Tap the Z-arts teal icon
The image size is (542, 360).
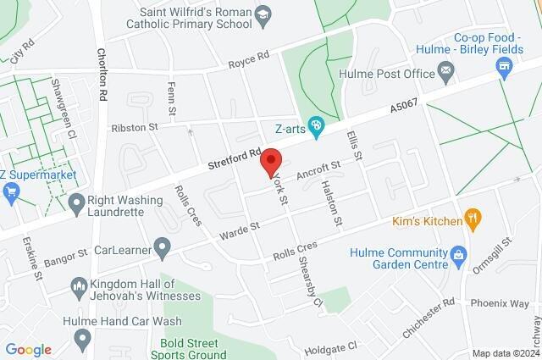pyautogui.click(x=317, y=127)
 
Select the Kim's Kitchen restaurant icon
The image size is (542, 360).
pyautogui.click(x=475, y=221)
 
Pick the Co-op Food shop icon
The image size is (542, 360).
pyautogui.click(x=506, y=70)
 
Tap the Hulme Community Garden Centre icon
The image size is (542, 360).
pyautogui.click(x=458, y=253)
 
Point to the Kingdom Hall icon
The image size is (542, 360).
pyautogui.click(x=79, y=289)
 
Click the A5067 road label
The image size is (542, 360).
pyautogui.click(x=405, y=108)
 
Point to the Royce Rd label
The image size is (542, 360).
pyautogui.click(x=248, y=59)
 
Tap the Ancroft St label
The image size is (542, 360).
pyautogui.click(x=318, y=170)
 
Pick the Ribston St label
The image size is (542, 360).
pyautogui.click(x=135, y=127)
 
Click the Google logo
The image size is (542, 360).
pyautogui.click(x=29, y=350)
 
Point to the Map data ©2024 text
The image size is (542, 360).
pyautogui.click(x=505, y=353)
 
